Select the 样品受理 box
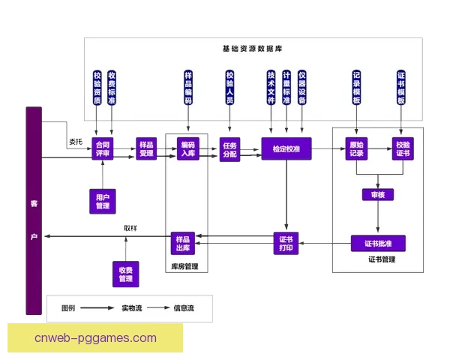(x=146, y=148)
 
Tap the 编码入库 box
(x=187, y=148)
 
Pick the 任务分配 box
(x=229, y=148)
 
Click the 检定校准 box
(x=285, y=148)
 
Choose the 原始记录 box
(x=357, y=148)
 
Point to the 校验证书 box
(x=403, y=148)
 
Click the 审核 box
(x=377, y=195)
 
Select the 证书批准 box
(x=378, y=243)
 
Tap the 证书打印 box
(x=285, y=243)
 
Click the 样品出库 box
(x=184, y=243)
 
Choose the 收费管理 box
(x=125, y=274)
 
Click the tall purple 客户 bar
(x=33, y=210)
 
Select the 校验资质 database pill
(x=97, y=88)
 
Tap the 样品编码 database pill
(x=188, y=88)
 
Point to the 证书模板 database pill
(x=401, y=88)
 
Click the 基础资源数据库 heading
(x=252, y=49)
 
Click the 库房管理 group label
(x=184, y=265)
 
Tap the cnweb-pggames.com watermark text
(x=95, y=337)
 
